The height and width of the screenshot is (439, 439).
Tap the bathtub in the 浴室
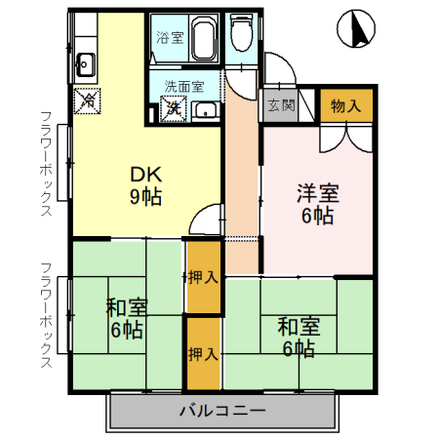coord(202,38)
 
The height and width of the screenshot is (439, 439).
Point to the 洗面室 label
coord(183,85)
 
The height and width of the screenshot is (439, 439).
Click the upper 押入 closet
coord(203,277)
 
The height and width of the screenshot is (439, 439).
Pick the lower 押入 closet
coord(203,351)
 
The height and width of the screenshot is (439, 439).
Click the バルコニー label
coord(221,411)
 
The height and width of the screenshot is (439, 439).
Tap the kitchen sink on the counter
coord(83,65)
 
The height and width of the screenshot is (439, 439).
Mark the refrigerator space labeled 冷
coord(88,99)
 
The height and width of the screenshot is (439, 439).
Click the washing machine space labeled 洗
coord(175,108)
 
